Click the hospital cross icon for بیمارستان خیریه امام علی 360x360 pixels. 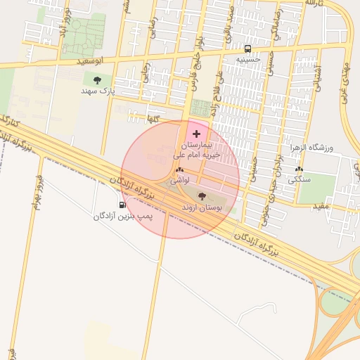(195, 134)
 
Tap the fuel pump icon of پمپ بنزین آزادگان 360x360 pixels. (123, 205)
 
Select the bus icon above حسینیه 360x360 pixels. (247, 49)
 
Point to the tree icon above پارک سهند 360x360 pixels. (97, 80)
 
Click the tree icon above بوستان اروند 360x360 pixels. (202, 196)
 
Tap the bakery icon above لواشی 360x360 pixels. (179, 170)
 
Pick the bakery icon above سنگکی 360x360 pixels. (300, 169)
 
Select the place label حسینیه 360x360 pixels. (247, 60)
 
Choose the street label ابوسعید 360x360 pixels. (92, 62)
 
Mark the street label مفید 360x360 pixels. (321, 205)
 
